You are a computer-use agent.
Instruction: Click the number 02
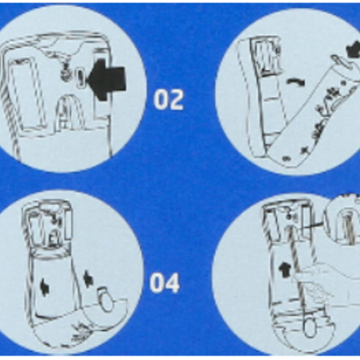pyautogui.click(x=169, y=100)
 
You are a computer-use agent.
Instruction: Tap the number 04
pyautogui.click(x=165, y=283)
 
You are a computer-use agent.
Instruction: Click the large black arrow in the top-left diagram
pyautogui.click(x=107, y=80)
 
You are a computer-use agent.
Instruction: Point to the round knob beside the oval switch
pyautogui.click(x=65, y=73)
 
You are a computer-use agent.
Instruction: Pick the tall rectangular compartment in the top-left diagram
pyautogui.click(x=26, y=93)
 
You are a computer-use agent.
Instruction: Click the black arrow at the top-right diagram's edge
pyautogui.click(x=354, y=49)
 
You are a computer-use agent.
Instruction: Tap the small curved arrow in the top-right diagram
pyautogui.click(x=296, y=82)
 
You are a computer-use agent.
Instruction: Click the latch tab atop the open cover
pyautogui.click(x=341, y=61)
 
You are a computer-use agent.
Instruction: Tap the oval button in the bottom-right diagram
pyautogui.click(x=309, y=327)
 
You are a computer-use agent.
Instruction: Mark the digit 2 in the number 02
pyautogui.click(x=176, y=100)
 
